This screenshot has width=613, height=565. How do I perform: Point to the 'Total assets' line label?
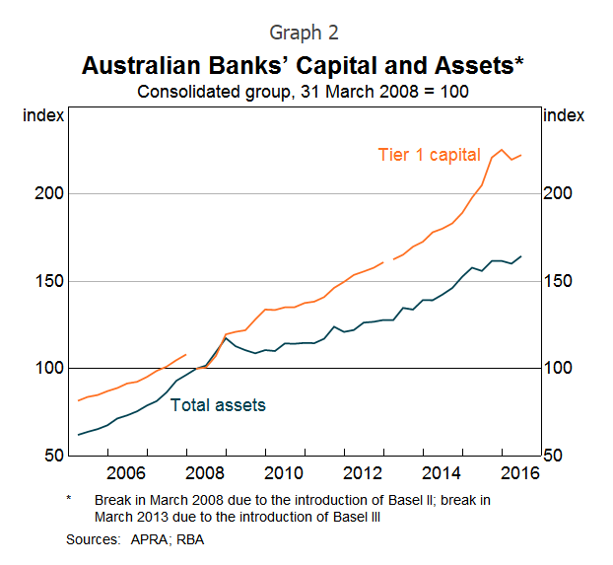(x=218, y=404)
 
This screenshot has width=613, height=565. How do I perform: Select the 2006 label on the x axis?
(x=126, y=473)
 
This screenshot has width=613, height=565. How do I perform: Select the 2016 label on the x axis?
(x=520, y=473)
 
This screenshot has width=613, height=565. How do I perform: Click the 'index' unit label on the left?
(x=42, y=115)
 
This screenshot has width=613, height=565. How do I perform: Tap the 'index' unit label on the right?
(x=564, y=115)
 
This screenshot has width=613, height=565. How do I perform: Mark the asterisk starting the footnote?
(x=69, y=500)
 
